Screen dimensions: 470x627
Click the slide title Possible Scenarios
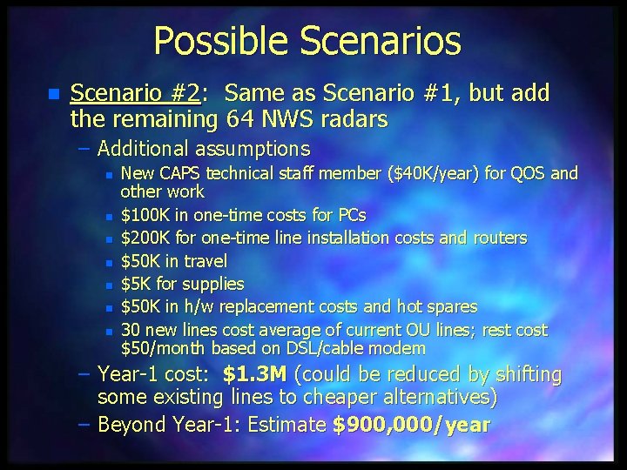(307, 40)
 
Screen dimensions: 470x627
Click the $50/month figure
(162, 348)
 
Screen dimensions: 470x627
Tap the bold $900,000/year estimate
(411, 425)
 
